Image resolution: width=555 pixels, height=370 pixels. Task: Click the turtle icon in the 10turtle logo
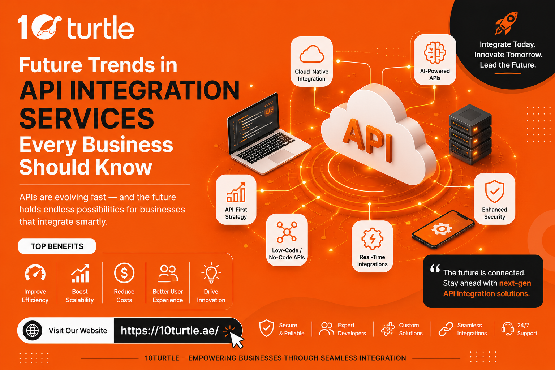point(48,27)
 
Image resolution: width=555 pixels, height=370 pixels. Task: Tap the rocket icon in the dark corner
point(506,23)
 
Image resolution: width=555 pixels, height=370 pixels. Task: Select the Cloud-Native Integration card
point(311,61)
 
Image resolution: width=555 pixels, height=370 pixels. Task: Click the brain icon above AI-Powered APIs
point(435,52)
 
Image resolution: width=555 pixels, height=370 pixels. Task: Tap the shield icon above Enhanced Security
point(495,191)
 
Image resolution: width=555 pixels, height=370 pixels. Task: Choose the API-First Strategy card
point(236,199)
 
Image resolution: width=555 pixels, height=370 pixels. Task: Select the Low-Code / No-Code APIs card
point(287,240)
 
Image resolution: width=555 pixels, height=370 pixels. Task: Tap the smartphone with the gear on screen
point(443,229)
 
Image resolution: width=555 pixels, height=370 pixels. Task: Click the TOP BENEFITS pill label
point(57,246)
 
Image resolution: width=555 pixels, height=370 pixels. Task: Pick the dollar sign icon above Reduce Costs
point(124,273)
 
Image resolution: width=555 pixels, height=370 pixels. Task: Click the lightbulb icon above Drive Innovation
point(211,272)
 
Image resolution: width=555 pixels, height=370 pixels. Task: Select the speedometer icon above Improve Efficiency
point(35,272)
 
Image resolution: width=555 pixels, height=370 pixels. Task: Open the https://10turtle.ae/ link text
point(170,330)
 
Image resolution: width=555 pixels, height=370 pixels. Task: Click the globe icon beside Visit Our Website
point(33,330)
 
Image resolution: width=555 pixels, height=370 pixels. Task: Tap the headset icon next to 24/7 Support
point(507,329)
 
